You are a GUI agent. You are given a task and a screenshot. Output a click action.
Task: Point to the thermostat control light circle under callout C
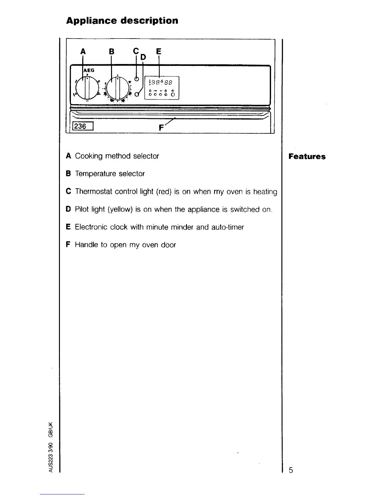(136, 79)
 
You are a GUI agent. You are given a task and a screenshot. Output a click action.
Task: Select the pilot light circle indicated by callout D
(137, 94)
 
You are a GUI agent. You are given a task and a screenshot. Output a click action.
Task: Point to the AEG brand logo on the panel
(89, 71)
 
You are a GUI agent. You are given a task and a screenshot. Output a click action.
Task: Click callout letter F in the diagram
(161, 128)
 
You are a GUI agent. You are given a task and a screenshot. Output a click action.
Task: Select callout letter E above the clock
(158, 51)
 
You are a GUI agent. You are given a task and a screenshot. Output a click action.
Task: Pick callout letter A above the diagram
(83, 51)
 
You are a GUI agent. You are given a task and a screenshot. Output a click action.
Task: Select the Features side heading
(307, 157)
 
